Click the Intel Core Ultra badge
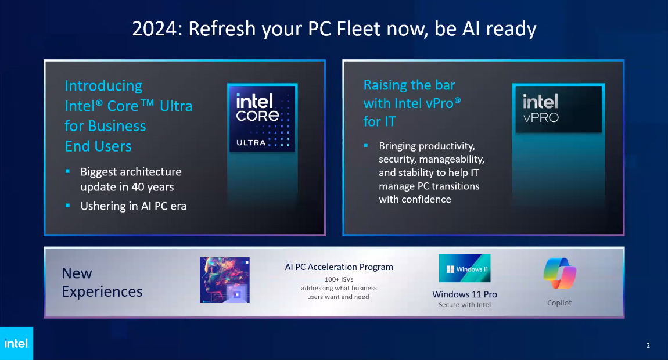262,118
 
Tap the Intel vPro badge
558,110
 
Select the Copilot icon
559,274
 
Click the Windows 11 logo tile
465,268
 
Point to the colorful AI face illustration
224,279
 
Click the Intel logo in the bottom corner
16,344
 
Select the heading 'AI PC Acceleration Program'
339,267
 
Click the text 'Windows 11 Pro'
465,294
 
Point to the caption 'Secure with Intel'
465,305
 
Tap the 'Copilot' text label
559,303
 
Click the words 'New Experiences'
102,282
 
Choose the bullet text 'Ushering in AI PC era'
133,206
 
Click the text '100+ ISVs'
339,279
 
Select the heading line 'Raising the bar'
410,85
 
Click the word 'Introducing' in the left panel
103,86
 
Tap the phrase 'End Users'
98,146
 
